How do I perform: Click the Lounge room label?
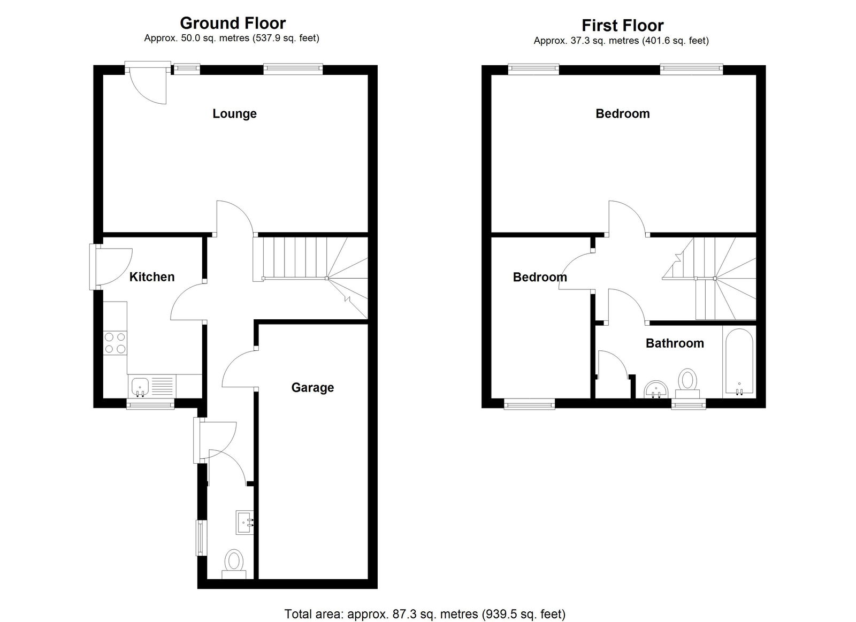tap(234, 113)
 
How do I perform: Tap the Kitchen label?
tap(152, 277)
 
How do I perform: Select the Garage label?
tap(312, 387)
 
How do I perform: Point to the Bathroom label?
tap(675, 343)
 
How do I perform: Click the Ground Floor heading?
tap(233, 24)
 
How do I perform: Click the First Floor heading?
tap(623, 26)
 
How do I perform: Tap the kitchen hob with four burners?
tap(115, 343)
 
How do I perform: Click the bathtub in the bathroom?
tap(739, 362)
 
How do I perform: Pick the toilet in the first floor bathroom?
tap(687, 383)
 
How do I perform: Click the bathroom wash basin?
tap(656, 390)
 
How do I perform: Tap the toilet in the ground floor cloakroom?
tap(234, 564)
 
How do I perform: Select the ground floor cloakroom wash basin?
tap(244, 523)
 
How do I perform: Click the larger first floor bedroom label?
tap(623, 113)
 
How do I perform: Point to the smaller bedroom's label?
tap(540, 277)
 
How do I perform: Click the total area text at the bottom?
tap(425, 603)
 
